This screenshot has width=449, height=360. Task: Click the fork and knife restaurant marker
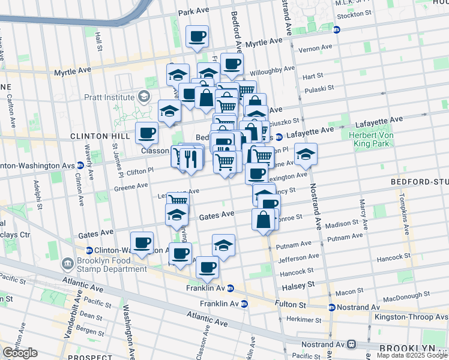pyautogui.click(x=191, y=159)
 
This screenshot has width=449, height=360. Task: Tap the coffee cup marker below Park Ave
pyautogui.click(x=197, y=37)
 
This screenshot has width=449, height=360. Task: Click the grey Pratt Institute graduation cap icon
pyautogui.click(x=143, y=96)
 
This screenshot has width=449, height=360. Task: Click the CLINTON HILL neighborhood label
pyautogui.click(x=92, y=136)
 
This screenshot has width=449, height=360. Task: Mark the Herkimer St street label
pyautogui.click(x=300, y=319)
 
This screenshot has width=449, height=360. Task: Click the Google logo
pyautogui.click(x=20, y=353)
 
